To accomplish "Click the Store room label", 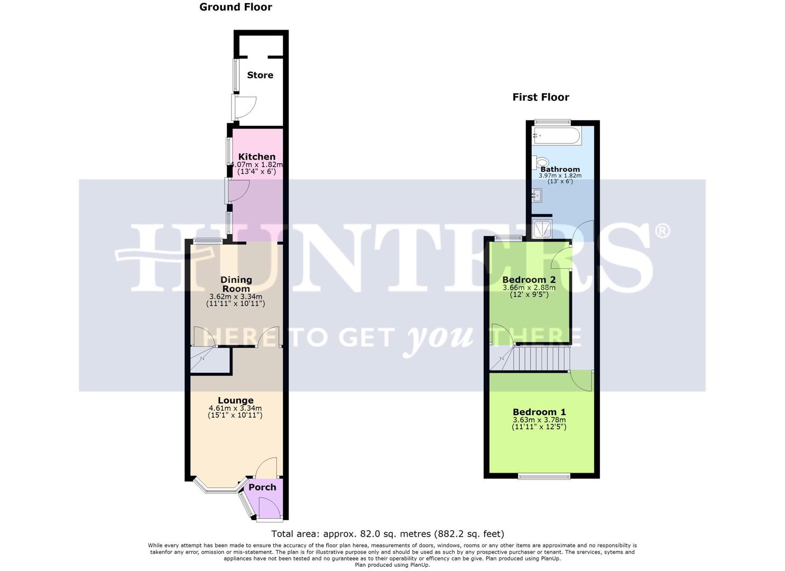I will click(x=260, y=75).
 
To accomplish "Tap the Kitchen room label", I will click(x=256, y=156).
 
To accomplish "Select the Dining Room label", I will click(x=236, y=284).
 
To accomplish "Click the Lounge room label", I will click(x=235, y=400).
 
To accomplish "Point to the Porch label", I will click(x=262, y=487).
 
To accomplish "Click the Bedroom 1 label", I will click(x=539, y=412).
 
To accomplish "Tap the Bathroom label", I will click(x=560, y=169).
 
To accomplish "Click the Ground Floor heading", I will click(x=236, y=7).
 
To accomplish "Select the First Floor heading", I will click(x=540, y=97).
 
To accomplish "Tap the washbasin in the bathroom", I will click(x=537, y=196).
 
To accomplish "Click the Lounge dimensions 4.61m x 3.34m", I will click(x=235, y=408).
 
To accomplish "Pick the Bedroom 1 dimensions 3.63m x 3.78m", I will click(x=539, y=420).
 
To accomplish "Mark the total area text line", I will click(x=387, y=533).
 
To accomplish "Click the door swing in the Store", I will click(x=245, y=106).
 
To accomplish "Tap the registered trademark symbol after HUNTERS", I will click(x=663, y=231).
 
